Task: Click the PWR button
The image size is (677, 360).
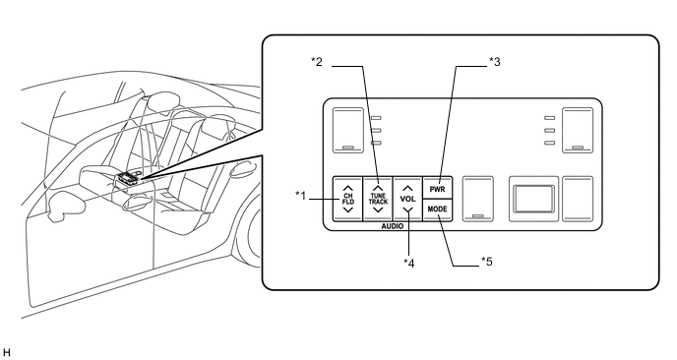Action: [437, 188]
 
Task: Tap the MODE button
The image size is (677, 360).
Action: [437, 210]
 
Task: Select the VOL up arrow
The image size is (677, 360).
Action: [407, 189]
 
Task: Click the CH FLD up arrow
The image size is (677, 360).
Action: [347, 189]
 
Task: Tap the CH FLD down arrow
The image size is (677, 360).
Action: [347, 210]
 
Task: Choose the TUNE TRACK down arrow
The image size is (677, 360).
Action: [378, 210]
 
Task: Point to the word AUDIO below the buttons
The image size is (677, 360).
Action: [392, 226]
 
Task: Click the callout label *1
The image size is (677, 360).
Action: [300, 196]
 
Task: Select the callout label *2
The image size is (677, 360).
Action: [317, 62]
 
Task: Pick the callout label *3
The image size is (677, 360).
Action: [494, 62]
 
